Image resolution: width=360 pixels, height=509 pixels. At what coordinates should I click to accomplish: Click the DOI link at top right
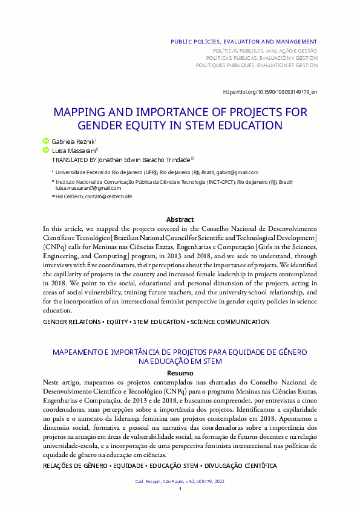(270, 92)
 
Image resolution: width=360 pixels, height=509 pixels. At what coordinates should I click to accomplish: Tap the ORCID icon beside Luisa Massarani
(45, 149)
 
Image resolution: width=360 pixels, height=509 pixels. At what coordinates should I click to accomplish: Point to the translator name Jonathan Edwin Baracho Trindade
(140, 159)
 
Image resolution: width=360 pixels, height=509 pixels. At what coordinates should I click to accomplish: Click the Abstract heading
(180, 219)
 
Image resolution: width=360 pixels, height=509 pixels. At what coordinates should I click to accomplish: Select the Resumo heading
(180, 373)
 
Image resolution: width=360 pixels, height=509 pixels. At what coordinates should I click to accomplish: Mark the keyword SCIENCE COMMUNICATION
(230, 322)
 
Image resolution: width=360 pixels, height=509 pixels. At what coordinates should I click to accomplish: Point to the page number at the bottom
(180, 488)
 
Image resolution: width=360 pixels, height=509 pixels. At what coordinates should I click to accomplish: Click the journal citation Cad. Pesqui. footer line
(180, 481)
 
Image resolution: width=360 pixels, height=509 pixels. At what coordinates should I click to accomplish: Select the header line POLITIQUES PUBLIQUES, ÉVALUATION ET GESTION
(257, 65)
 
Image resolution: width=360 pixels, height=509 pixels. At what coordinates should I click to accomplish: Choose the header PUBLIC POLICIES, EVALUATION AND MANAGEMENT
(244, 41)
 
